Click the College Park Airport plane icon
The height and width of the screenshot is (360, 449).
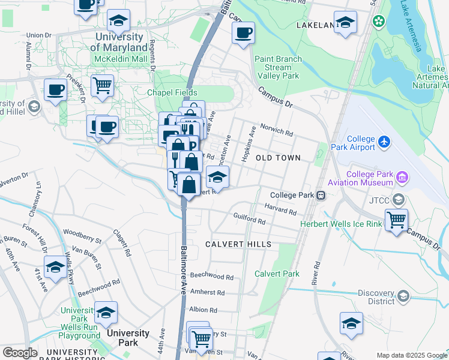384,143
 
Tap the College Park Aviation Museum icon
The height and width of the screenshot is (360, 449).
402,178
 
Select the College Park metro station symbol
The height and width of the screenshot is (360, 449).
322,195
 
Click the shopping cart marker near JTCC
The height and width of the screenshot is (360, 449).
396,220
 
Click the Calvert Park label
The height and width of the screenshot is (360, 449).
277,274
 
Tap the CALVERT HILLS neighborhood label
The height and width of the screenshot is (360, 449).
238,244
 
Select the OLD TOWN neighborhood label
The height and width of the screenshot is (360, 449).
278,157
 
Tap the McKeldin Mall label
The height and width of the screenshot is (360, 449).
120,59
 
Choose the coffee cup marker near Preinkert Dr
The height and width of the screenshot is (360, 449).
56,90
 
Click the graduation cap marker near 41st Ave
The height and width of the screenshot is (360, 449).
55,267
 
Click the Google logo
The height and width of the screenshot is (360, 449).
20,353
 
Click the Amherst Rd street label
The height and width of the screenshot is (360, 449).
207,292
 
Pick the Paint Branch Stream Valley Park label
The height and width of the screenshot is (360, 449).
277,67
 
